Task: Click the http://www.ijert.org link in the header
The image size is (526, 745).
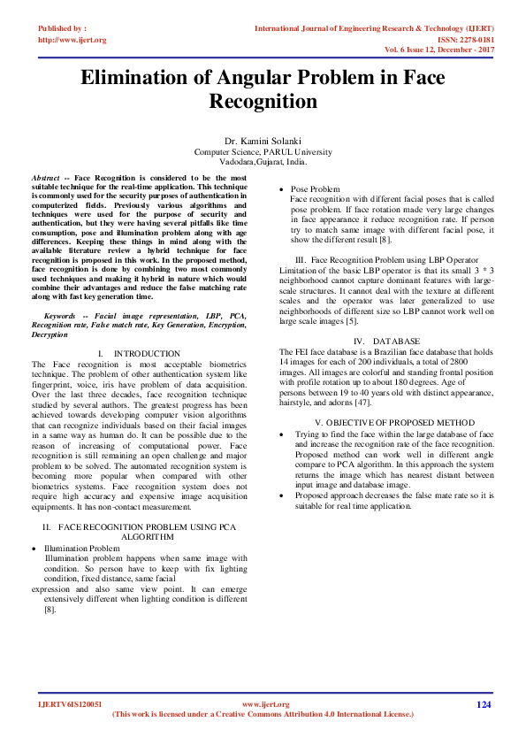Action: pyautogui.click(x=72, y=40)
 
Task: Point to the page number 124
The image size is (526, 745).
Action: pyautogui.click(x=483, y=704)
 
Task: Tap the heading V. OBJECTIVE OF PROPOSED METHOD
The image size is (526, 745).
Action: pyautogui.click(x=394, y=424)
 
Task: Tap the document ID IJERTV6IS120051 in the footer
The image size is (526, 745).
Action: pyautogui.click(x=70, y=704)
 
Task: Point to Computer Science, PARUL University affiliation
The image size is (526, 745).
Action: pyautogui.click(x=263, y=152)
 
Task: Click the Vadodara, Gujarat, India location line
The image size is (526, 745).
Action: pyautogui.click(x=263, y=163)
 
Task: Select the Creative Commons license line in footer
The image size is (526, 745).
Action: pyautogui.click(x=263, y=713)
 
